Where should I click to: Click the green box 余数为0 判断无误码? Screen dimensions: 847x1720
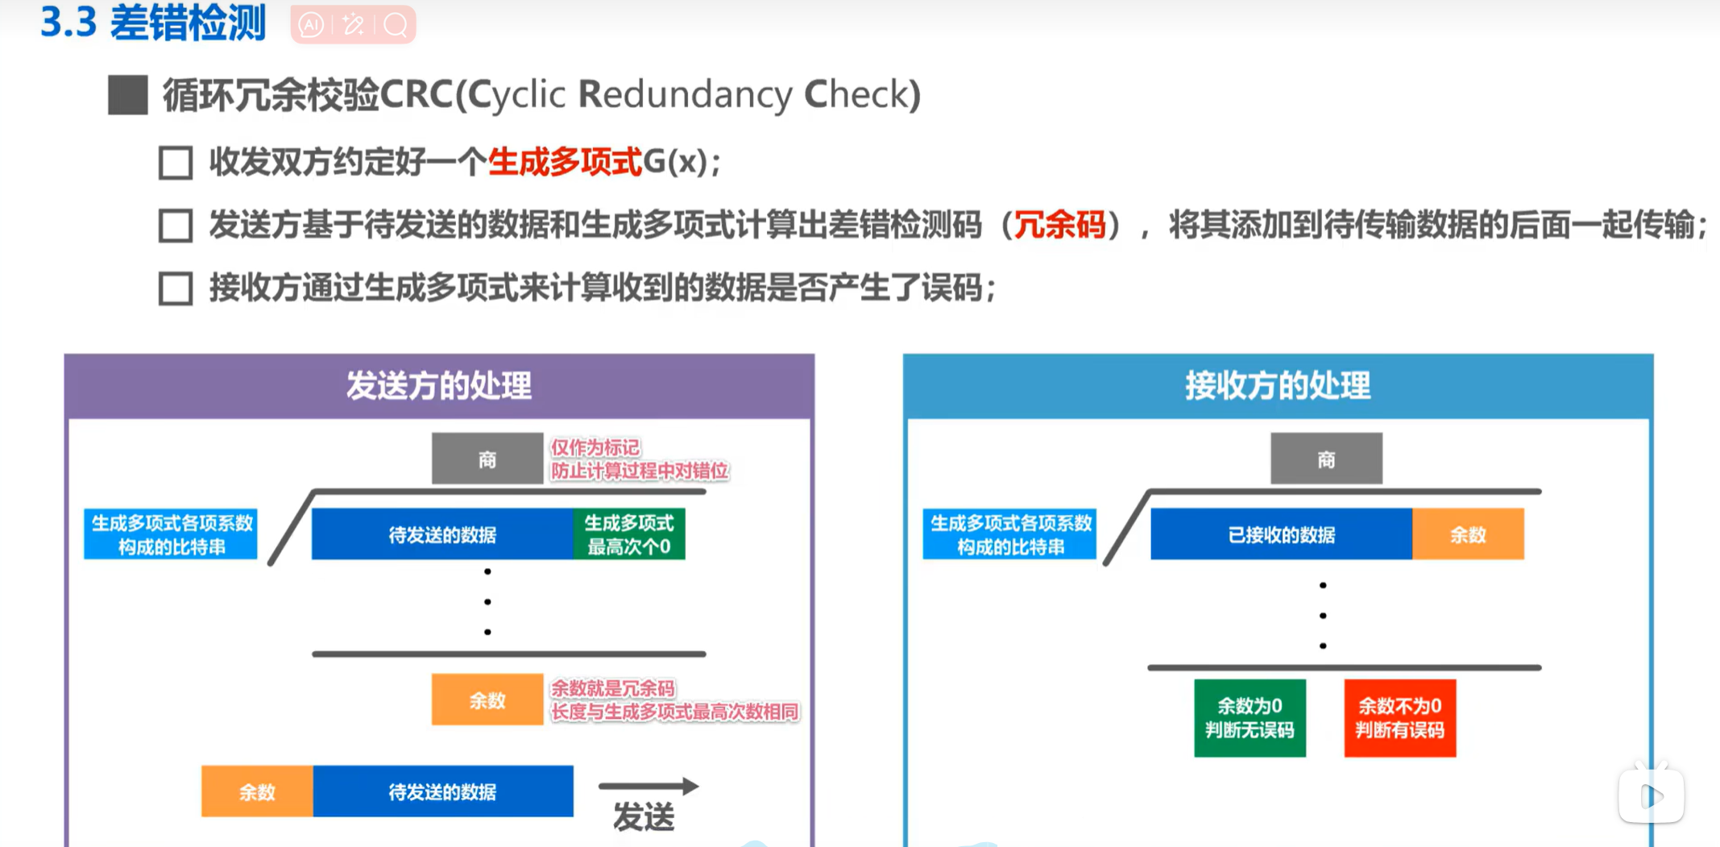click(x=1249, y=717)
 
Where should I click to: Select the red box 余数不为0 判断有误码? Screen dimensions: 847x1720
click(x=1399, y=717)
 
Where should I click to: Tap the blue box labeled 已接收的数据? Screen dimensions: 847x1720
click(x=1281, y=534)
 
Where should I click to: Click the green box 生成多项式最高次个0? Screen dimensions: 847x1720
click(x=629, y=534)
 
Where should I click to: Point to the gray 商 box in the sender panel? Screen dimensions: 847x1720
click(x=487, y=459)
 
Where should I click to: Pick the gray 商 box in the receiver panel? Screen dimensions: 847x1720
click(x=1326, y=459)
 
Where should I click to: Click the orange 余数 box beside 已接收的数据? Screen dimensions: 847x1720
click(x=1468, y=534)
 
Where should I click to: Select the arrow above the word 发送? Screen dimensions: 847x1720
click(x=648, y=786)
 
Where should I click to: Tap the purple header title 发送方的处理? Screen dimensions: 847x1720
click(x=439, y=386)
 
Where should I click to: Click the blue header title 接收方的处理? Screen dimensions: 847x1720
click(x=1278, y=386)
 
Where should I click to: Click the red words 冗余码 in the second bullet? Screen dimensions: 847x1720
click(x=1059, y=225)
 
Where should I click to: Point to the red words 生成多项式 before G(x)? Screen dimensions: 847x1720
click(x=565, y=162)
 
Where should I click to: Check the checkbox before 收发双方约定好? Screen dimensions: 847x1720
click(x=176, y=163)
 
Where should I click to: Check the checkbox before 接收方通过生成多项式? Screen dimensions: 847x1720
click(x=176, y=289)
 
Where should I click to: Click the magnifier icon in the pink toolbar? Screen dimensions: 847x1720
click(x=396, y=25)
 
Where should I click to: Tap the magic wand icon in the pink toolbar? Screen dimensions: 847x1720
click(x=353, y=25)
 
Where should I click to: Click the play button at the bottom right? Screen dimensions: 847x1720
click(x=1651, y=796)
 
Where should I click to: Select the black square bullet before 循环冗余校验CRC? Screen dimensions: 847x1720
click(x=128, y=95)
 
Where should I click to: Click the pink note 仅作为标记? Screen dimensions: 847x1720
click(x=595, y=447)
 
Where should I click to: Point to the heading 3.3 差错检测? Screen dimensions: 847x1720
click(x=153, y=23)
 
